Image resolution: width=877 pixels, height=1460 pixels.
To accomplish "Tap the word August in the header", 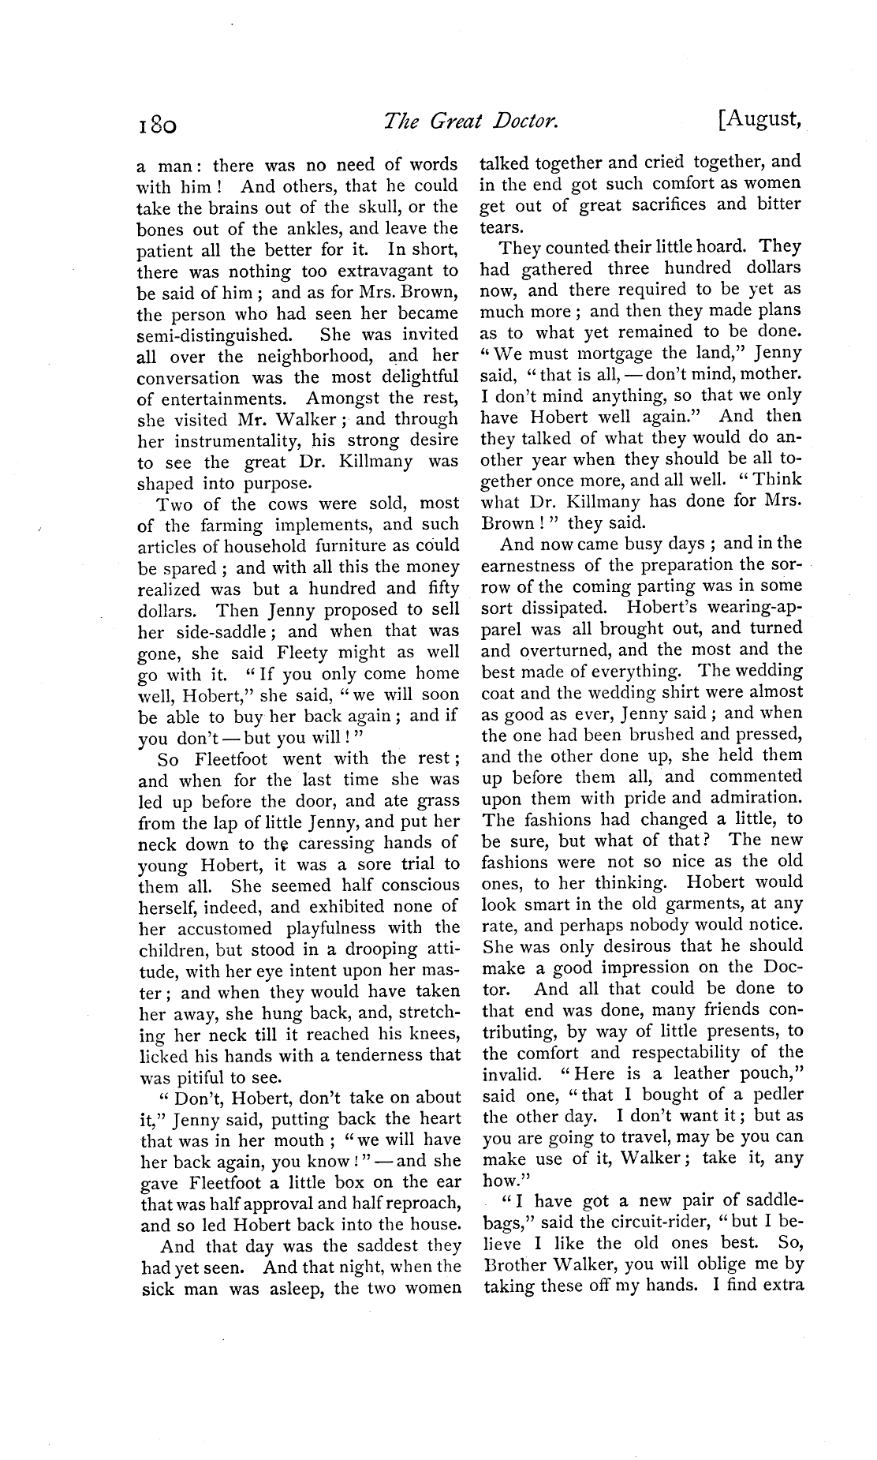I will tap(763, 121).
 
